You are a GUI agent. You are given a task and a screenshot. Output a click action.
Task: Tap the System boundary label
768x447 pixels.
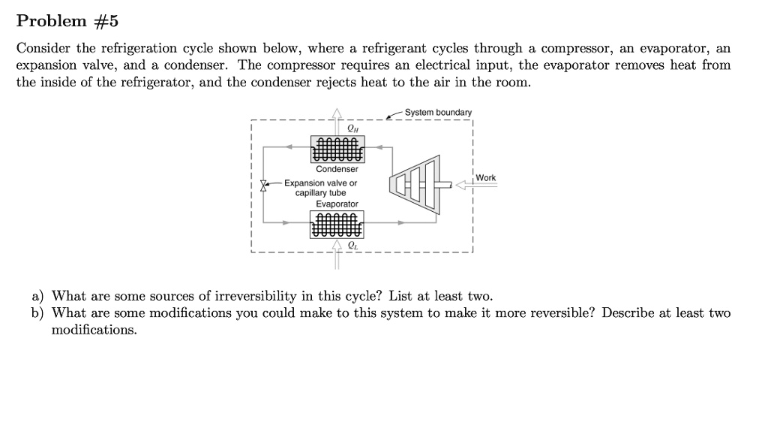point(438,113)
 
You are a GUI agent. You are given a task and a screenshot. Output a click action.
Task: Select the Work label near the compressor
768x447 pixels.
point(485,177)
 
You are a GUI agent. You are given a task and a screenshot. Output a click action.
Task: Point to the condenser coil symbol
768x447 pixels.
point(337,150)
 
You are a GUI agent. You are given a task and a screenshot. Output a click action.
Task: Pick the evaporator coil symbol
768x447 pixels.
point(337,225)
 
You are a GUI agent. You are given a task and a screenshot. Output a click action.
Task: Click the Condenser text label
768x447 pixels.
point(337,169)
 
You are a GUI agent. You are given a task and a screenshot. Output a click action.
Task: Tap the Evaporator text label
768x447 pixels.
point(337,204)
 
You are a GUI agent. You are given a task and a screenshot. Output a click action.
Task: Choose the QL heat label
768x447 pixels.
point(352,245)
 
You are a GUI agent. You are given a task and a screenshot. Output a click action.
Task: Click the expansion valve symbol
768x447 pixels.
point(263,184)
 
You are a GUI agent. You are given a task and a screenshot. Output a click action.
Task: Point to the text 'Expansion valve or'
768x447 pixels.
point(320,183)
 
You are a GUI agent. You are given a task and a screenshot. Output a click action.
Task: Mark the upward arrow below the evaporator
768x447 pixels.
point(337,251)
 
